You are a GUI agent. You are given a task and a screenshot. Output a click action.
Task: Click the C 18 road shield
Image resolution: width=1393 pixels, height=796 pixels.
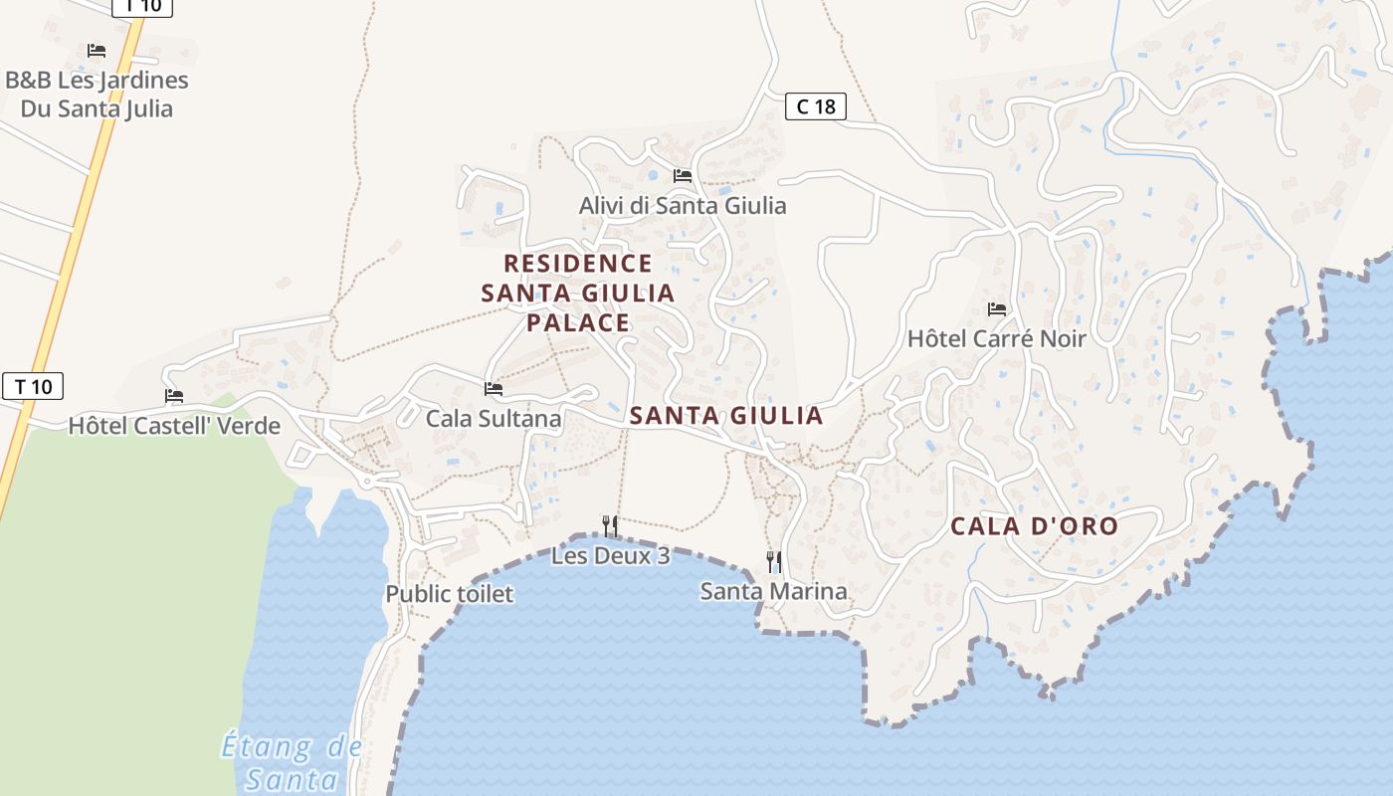click(x=816, y=106)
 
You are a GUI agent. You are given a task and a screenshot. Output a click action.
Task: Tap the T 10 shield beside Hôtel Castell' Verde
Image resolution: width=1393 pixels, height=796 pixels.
click(x=33, y=386)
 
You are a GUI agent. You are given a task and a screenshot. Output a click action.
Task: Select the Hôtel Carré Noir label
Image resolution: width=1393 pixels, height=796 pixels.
click(x=996, y=338)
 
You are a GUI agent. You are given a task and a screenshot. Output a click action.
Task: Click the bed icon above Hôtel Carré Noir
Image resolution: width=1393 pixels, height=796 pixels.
click(x=997, y=309)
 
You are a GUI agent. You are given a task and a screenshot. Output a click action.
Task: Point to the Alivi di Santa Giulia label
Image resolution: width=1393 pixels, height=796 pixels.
click(x=683, y=206)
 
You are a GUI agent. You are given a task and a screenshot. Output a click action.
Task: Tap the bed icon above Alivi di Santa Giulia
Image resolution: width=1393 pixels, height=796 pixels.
click(x=683, y=176)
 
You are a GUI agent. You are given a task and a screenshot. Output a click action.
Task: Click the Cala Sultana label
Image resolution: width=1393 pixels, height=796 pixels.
click(x=494, y=419)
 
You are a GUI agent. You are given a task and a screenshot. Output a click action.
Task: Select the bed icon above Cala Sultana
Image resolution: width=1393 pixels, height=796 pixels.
click(x=494, y=389)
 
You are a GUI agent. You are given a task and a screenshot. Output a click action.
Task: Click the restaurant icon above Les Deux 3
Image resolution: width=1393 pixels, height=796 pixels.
click(x=610, y=525)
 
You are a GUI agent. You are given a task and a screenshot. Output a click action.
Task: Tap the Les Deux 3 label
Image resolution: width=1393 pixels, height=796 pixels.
click(x=610, y=556)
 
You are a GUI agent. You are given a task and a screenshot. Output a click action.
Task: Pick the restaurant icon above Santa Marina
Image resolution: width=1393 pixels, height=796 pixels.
click(x=773, y=562)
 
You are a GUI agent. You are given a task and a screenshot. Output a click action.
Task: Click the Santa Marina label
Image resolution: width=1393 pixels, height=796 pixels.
click(x=773, y=592)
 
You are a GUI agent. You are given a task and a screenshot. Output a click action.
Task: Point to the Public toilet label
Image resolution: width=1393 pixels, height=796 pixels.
click(x=450, y=594)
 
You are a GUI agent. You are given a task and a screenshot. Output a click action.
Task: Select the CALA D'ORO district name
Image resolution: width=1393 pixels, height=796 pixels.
click(x=1034, y=526)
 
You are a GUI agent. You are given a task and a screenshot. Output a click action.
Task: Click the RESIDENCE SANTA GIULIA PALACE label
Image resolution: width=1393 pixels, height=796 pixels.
click(x=578, y=294)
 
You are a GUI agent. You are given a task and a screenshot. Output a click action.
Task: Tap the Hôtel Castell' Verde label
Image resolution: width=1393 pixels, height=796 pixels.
click(x=174, y=427)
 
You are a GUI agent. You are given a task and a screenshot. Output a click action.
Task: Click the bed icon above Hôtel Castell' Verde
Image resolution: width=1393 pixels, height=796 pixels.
click(x=174, y=396)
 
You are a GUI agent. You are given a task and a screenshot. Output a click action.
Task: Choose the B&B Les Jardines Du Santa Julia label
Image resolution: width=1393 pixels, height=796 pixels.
click(x=97, y=95)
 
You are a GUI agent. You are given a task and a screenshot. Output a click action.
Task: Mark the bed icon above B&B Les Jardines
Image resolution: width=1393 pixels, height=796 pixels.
click(x=97, y=51)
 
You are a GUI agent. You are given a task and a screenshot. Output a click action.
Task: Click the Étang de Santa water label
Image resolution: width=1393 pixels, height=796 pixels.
click(x=292, y=762)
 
